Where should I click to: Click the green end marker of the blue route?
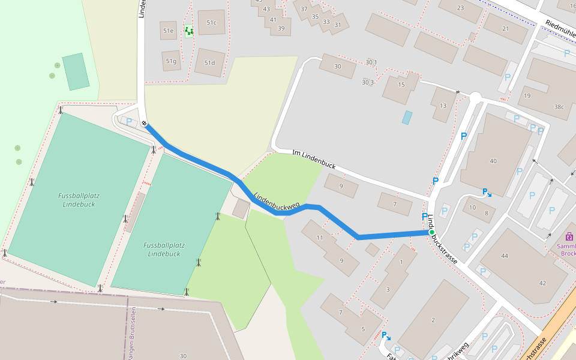click(431, 232)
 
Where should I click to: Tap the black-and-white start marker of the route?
click(145, 124)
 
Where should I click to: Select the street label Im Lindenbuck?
click(314, 160)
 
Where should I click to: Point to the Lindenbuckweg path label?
click(276, 203)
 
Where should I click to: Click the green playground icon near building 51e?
click(189, 31)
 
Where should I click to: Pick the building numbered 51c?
click(211, 23)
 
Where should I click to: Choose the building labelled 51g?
click(171, 61)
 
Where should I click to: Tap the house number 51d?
click(209, 63)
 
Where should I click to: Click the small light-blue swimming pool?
click(407, 118)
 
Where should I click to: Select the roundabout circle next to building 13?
click(476, 97)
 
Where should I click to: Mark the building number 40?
click(493, 161)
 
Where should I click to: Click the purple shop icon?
click(569, 237)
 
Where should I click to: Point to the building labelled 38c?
click(559, 107)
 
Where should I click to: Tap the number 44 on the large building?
click(505, 256)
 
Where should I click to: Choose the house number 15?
click(401, 85)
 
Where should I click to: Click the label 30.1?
click(371, 62)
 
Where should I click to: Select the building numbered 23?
click(461, 8)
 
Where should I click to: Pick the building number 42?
click(542, 283)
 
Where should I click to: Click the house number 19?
click(527, 96)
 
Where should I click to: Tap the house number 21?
click(505, 29)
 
